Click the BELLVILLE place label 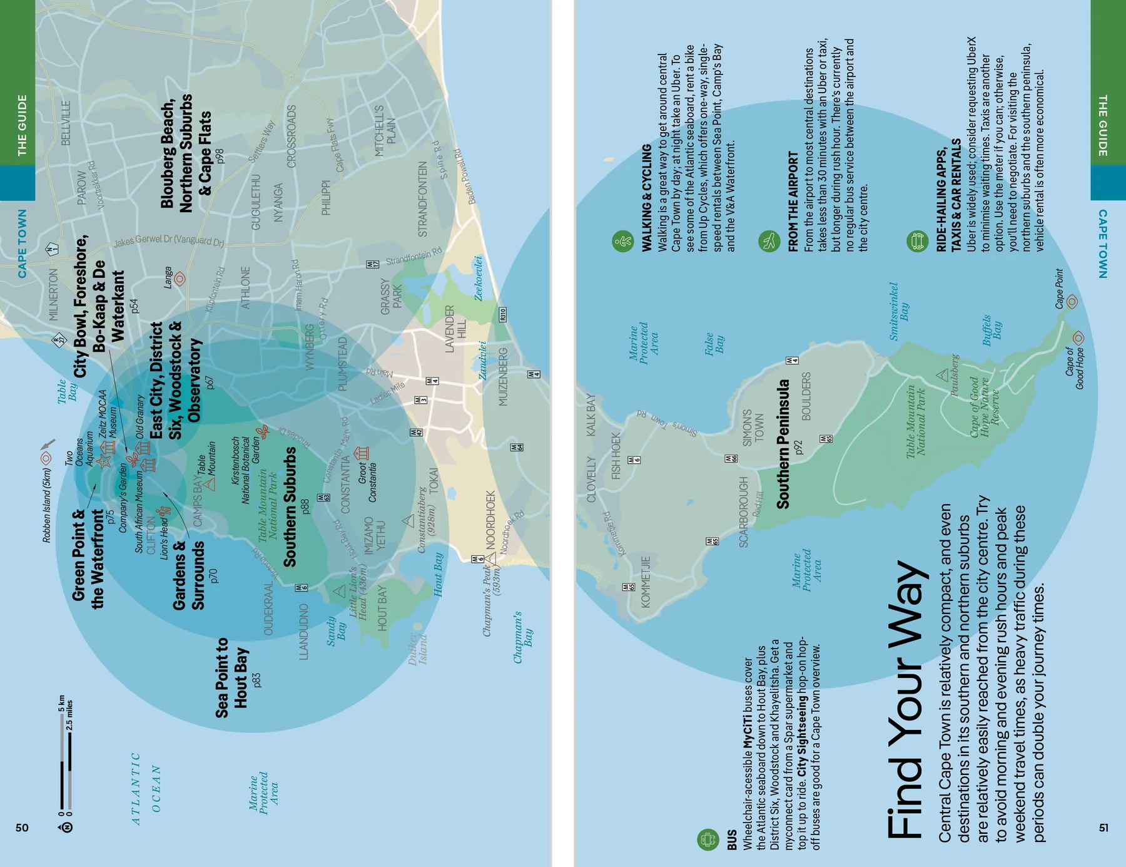66,123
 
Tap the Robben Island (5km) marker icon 46,459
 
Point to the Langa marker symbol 180,279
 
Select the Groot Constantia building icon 362,452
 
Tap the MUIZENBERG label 504,377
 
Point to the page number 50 22,828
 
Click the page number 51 1103,828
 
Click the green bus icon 708,839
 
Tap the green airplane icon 769,240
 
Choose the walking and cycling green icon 622,241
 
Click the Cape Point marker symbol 1072,302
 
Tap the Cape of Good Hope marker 1078,338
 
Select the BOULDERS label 806,396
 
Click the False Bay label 714,344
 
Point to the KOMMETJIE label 646,582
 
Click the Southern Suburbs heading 290,507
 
